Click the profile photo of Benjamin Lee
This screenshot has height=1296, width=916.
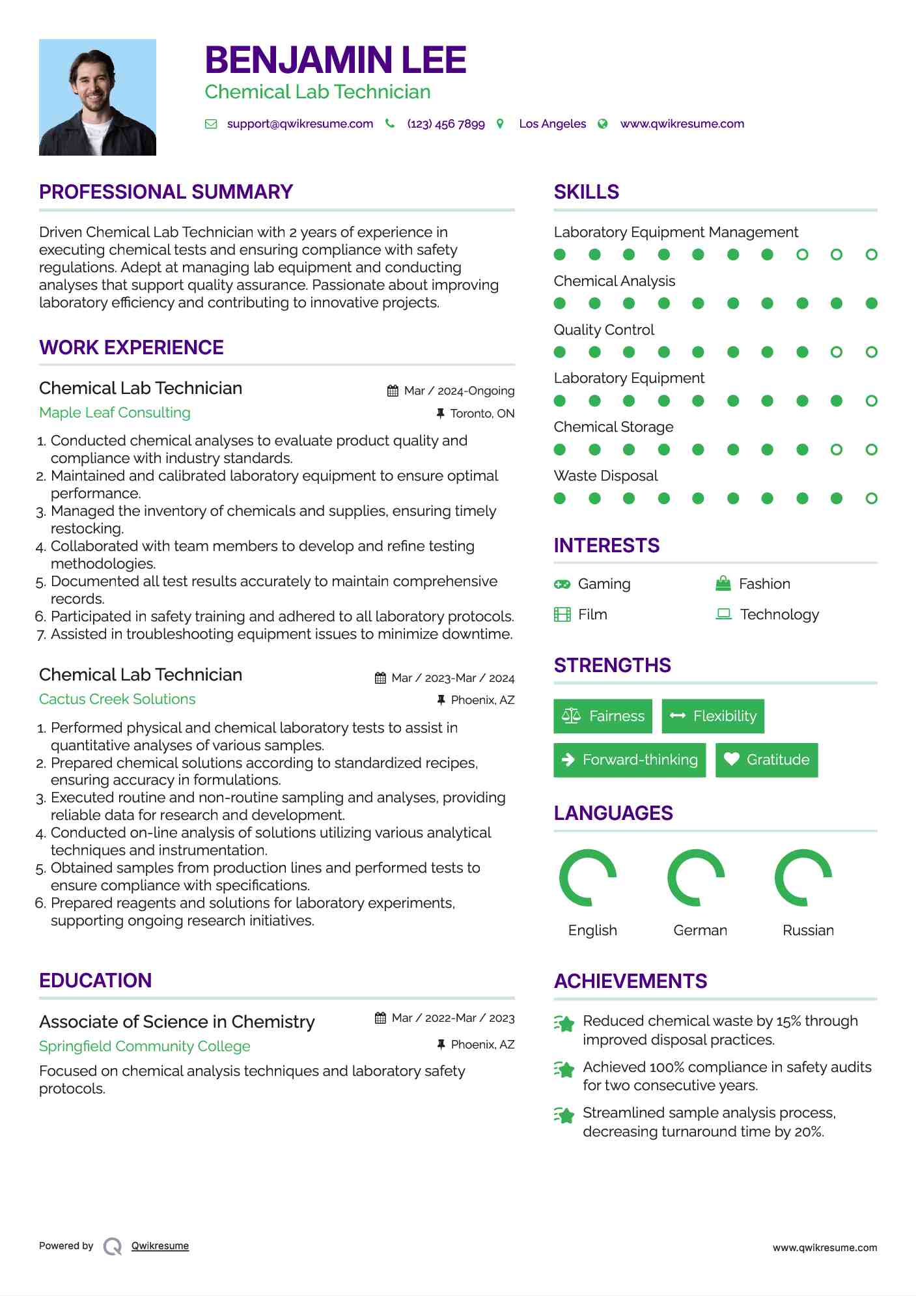point(98,97)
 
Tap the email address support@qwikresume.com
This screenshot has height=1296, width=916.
point(299,124)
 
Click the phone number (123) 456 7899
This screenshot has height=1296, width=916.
point(446,124)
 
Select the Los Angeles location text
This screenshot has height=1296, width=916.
point(552,124)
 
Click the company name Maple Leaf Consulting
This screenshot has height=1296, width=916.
point(115,412)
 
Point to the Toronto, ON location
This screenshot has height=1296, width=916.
point(482,414)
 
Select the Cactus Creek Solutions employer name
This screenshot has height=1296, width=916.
point(117,699)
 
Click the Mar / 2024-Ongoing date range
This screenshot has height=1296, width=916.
point(459,391)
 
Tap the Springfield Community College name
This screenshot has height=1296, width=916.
point(145,1046)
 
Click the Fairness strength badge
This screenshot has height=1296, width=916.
point(603,716)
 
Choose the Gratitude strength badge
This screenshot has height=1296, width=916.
point(766,760)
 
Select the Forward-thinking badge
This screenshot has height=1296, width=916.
point(630,760)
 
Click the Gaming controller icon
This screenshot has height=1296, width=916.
point(562,584)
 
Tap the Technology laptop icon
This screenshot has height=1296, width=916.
point(723,614)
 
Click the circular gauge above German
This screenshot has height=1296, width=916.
point(696,878)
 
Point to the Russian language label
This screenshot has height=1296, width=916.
point(808,930)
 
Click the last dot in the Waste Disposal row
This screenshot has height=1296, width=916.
point(871,498)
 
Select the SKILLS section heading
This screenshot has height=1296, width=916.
point(586,192)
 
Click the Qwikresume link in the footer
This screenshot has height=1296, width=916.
point(160,1246)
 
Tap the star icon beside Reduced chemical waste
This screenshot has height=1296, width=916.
point(564,1024)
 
